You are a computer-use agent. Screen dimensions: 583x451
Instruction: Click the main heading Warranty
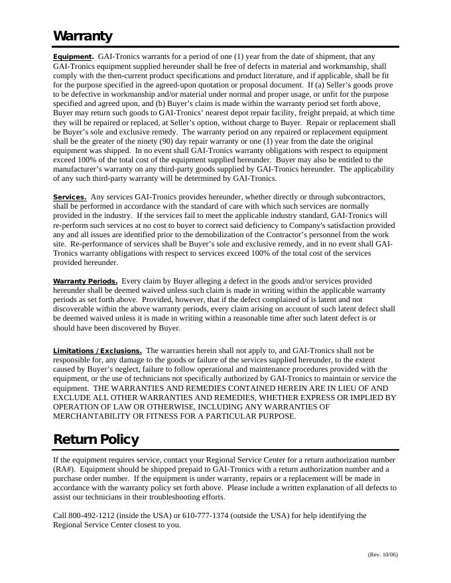click(83, 36)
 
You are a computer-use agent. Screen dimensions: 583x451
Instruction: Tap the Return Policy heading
click(96, 439)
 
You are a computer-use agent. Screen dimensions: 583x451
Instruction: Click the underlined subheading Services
click(70, 197)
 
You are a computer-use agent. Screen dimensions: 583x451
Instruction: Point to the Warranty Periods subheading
click(86, 282)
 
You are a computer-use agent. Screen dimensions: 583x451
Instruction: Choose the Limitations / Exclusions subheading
click(97, 351)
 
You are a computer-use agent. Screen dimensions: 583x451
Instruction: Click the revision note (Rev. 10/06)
click(382, 555)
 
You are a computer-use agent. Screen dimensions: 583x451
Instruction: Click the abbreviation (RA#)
click(64, 469)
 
